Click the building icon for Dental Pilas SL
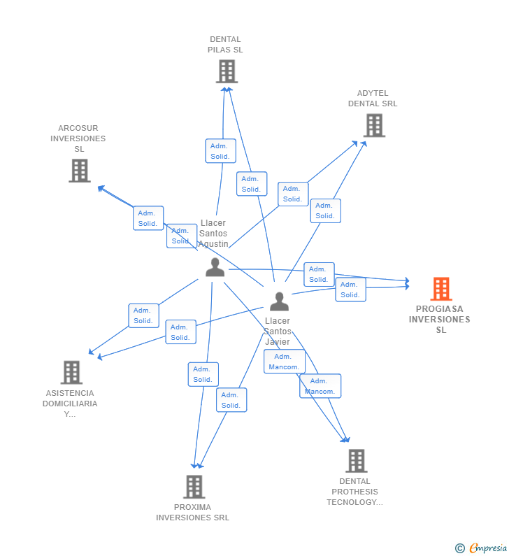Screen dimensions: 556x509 pyautogui.click(x=227, y=71)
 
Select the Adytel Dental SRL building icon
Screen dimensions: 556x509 pyautogui.click(x=374, y=125)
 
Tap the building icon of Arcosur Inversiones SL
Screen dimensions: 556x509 pyautogui.click(x=80, y=170)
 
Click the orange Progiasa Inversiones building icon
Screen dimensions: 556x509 pyautogui.click(x=440, y=289)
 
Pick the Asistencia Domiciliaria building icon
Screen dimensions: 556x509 pyautogui.click(x=71, y=372)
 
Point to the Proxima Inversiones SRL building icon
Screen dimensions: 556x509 pyautogui.click(x=194, y=486)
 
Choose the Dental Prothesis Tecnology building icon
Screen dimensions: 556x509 pyautogui.click(x=356, y=460)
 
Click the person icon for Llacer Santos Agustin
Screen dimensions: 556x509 pyautogui.click(x=215, y=267)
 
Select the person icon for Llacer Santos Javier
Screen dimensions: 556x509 pyautogui.click(x=279, y=301)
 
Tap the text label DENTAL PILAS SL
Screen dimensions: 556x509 pyautogui.click(x=225, y=45)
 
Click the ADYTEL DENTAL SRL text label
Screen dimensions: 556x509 pyautogui.click(x=373, y=99)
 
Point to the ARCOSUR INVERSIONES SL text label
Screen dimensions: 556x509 pyautogui.click(x=78, y=138)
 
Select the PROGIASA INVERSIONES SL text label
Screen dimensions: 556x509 pyautogui.click(x=440, y=319)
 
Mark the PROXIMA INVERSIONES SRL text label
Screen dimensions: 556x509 pyautogui.click(x=192, y=513)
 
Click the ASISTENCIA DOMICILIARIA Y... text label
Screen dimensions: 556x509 pyautogui.click(x=70, y=404)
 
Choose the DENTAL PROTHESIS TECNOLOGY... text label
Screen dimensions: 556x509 pyautogui.click(x=354, y=492)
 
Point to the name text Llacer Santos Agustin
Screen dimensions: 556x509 pyautogui.click(x=213, y=234)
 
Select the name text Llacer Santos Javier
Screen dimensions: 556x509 pyautogui.click(x=278, y=332)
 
